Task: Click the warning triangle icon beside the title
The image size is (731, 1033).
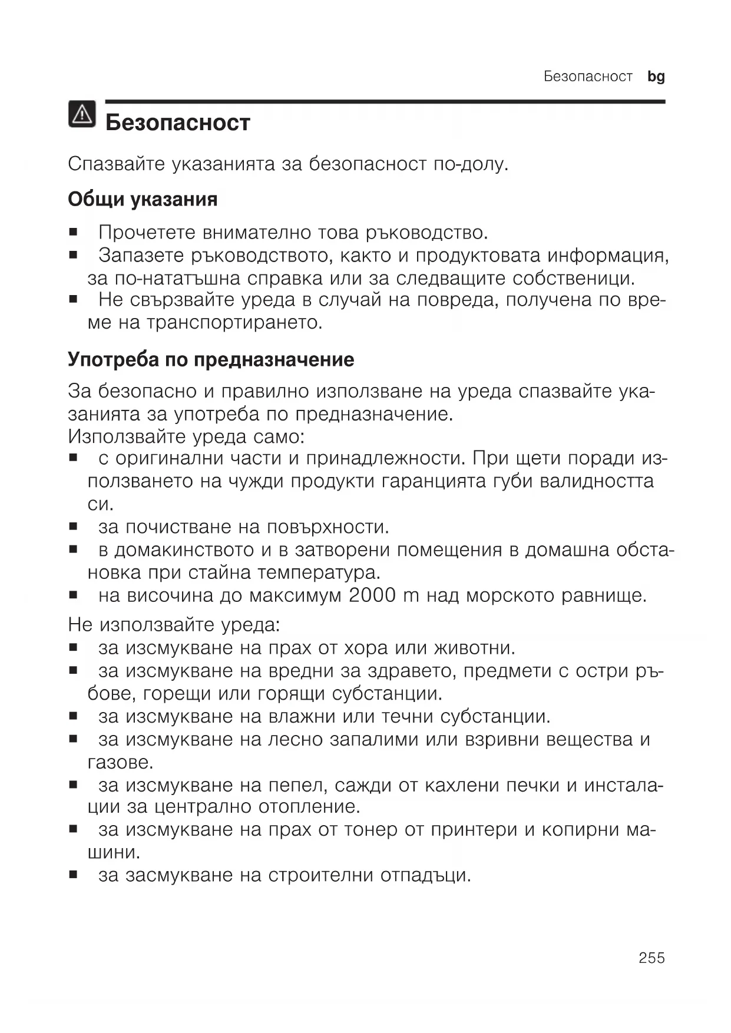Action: [x=82, y=114]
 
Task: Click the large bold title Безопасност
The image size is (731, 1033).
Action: [x=178, y=122]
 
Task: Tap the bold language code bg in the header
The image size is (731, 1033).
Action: [x=656, y=77]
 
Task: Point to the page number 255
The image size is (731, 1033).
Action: [x=651, y=958]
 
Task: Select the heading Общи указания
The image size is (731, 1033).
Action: [x=143, y=199]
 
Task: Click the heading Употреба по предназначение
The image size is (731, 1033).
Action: [x=211, y=359]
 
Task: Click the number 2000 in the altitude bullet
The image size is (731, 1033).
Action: [x=372, y=595]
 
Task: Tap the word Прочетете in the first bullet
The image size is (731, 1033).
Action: [x=147, y=233]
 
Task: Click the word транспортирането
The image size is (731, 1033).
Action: [x=234, y=323]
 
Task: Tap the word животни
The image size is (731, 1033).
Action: [x=475, y=648]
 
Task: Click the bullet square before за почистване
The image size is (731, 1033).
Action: [x=73, y=525]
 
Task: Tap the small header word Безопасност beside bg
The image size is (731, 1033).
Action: [x=588, y=77]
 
